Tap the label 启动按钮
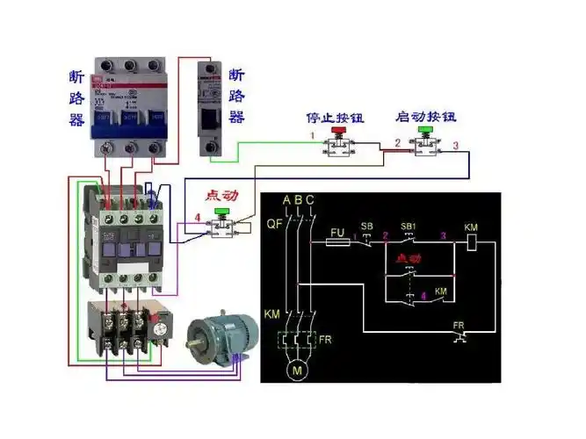pos(425,116)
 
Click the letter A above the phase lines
pos(286,200)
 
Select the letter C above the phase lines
pos(310,200)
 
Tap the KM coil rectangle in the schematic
pos(471,243)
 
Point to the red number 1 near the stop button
pos(311,136)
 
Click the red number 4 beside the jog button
pos(198,216)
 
